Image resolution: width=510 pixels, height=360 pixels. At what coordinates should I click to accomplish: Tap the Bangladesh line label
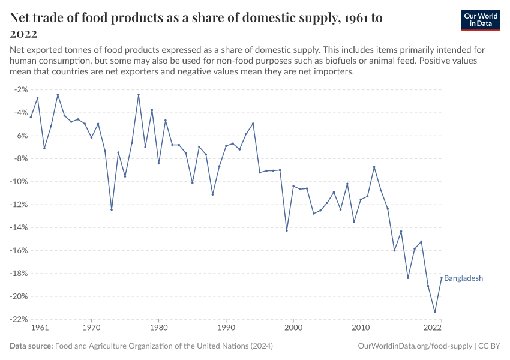pyautogui.click(x=463, y=278)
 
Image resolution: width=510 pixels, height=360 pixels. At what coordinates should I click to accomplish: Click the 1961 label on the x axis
pyautogui.click(x=39, y=328)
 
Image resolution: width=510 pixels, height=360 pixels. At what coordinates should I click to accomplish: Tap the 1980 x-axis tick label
pyautogui.click(x=158, y=328)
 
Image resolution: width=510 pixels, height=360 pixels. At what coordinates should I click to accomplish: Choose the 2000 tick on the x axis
pyautogui.click(x=293, y=328)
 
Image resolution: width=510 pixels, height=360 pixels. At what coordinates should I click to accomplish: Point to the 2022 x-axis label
pyautogui.click(x=433, y=328)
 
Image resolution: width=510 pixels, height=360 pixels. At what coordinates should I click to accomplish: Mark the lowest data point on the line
pyautogui.click(x=434, y=312)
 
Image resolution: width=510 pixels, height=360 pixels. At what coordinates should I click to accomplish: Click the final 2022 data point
pyautogui.click(x=441, y=278)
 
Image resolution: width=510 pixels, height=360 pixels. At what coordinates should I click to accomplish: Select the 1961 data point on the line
pyautogui.click(x=31, y=117)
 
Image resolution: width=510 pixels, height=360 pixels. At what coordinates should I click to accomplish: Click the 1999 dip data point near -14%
pyautogui.click(x=287, y=230)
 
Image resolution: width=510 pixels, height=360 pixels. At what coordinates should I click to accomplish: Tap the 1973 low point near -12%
pyautogui.click(x=112, y=209)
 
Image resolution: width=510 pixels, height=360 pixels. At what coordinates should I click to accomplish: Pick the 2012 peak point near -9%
pyautogui.click(x=374, y=167)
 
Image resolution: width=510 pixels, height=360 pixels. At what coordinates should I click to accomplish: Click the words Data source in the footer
pyautogui.click(x=31, y=346)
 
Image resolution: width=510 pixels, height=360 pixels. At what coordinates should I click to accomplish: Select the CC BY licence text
pyautogui.click(x=489, y=346)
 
